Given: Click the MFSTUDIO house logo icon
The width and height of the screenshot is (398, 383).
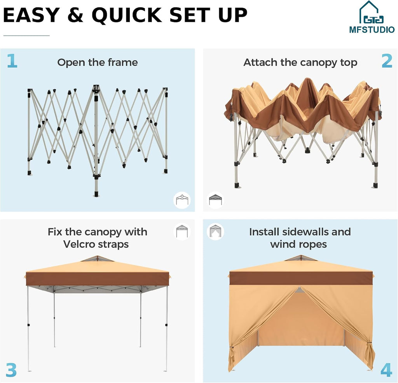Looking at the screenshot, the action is coord(371,12).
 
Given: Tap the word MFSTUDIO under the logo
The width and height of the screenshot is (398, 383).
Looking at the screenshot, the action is coord(372,30).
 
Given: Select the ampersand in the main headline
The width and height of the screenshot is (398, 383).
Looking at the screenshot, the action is coord(75,15).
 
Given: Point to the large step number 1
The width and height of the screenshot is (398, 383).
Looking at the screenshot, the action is coord(12,61).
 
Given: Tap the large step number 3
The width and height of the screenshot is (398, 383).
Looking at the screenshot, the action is coord(11,370).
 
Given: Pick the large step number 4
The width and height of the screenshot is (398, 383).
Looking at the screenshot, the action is coord(386,370).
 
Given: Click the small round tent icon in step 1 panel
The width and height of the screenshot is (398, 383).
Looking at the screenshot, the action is coord(182,200).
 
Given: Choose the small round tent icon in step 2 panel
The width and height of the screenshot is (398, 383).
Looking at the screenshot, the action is coord(215,200).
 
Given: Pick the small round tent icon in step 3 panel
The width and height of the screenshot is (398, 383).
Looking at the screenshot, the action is coord(182,232).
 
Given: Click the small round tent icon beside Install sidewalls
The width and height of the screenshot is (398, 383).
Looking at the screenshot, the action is coord(215,232).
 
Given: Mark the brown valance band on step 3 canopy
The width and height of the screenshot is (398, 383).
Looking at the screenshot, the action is coord(98,279).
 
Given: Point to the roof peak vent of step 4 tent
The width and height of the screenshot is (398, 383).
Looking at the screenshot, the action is coord(301,258).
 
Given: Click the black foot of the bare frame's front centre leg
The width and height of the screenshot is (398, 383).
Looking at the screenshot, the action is coord(96,194).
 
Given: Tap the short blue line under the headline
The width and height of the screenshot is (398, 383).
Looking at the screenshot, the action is coord(26,35).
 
